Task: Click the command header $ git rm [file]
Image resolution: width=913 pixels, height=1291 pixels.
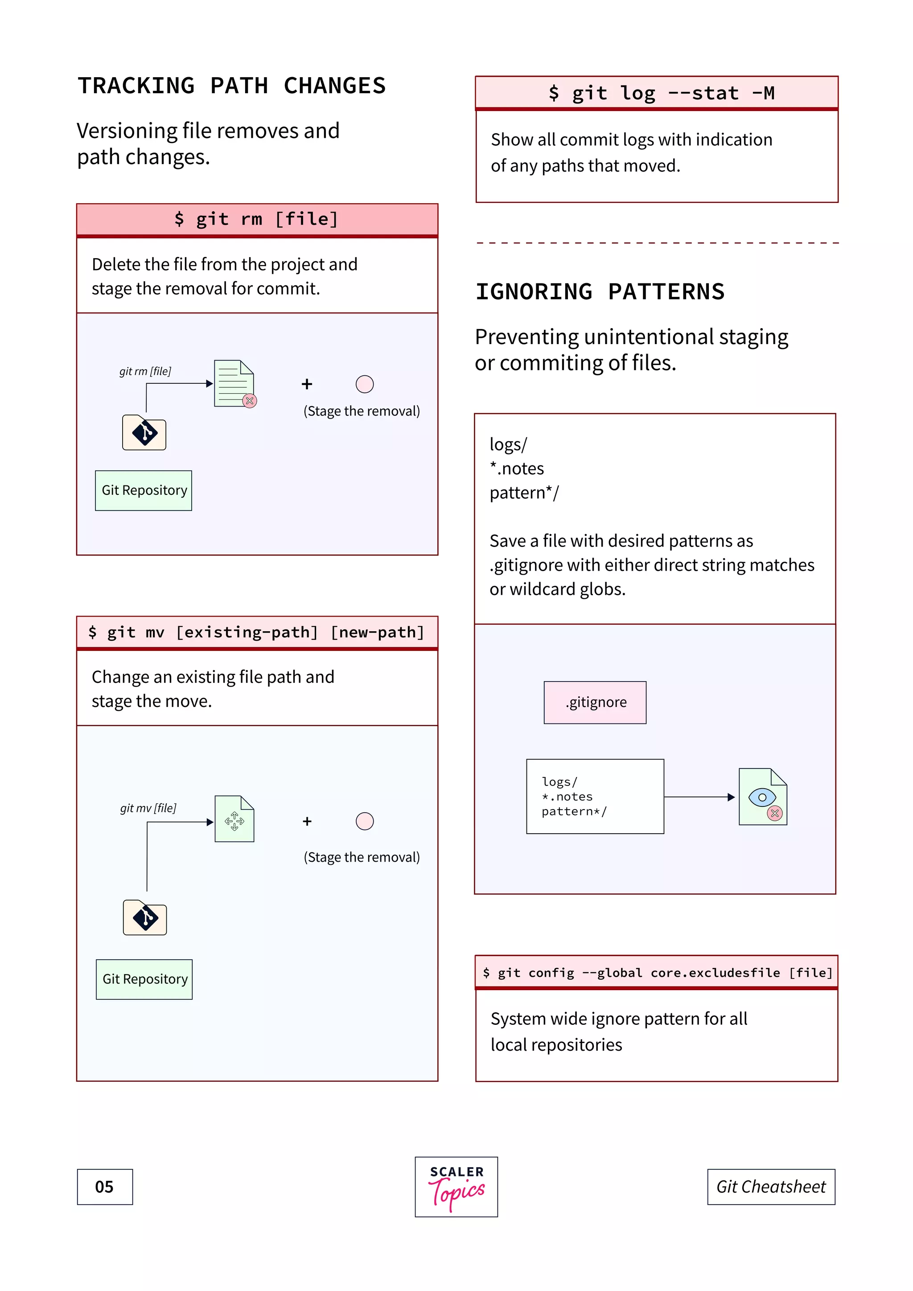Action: click(257, 219)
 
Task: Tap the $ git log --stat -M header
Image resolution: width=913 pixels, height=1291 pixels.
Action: click(656, 93)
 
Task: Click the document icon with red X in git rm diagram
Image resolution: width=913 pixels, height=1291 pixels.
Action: click(234, 383)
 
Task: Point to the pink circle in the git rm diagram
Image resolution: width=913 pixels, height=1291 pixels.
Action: click(364, 384)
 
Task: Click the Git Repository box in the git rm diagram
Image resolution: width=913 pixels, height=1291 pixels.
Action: click(144, 490)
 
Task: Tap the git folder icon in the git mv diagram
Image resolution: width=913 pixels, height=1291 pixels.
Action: click(144, 917)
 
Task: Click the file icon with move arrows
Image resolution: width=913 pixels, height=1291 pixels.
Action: click(234, 819)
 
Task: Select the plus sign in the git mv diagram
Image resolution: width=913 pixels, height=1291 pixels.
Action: click(307, 822)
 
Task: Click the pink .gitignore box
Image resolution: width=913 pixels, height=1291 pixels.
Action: click(595, 702)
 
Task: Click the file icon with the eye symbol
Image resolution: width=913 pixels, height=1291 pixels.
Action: click(762, 797)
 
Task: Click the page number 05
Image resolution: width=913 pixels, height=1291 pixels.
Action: click(105, 1187)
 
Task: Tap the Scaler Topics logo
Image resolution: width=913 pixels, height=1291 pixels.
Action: click(456, 1187)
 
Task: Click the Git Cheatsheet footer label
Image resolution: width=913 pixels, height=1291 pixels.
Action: click(771, 1187)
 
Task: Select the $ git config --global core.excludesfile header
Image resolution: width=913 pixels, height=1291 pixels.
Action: click(656, 973)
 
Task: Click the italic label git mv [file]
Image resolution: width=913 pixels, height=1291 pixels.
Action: click(148, 808)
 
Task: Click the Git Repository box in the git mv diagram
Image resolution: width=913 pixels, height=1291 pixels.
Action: click(144, 979)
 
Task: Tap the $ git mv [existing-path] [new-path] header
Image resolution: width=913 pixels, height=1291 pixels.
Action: click(257, 633)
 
